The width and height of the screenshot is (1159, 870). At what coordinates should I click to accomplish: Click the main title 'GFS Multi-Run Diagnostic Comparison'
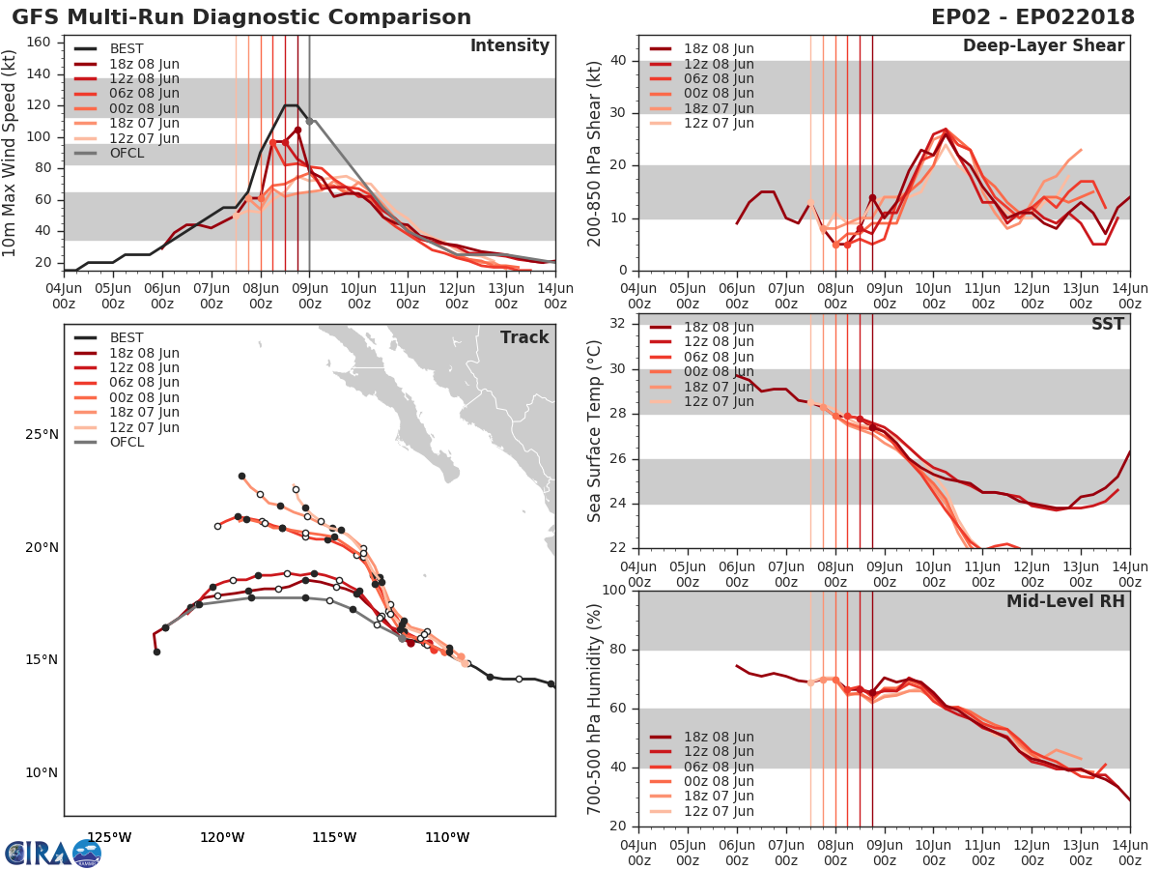point(241,17)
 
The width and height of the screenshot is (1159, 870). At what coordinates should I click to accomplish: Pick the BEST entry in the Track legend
point(127,337)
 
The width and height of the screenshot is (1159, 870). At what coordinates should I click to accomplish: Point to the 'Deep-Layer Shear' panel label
point(1043,46)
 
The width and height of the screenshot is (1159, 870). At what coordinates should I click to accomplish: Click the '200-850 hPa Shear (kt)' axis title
point(595,153)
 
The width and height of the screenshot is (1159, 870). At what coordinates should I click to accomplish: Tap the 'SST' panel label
point(1107,324)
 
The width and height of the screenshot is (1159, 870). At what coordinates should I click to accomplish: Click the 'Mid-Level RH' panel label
point(1065,601)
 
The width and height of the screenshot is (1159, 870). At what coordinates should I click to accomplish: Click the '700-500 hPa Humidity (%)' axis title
point(595,708)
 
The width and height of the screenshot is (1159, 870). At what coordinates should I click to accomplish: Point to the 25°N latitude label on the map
point(42,435)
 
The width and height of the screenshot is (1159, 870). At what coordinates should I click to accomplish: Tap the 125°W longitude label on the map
point(109,837)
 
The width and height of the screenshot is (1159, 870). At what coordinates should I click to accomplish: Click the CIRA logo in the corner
point(52,853)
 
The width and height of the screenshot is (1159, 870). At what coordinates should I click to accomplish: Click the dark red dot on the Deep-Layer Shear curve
point(872,198)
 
